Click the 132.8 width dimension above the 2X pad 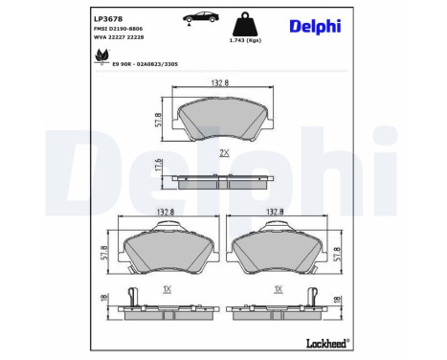pyautogui.click(x=222, y=84)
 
